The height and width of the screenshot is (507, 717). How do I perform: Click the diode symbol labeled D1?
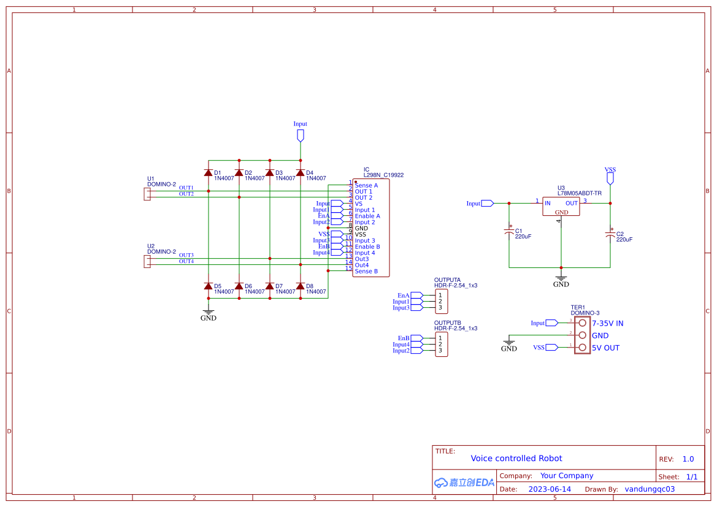coord(209,173)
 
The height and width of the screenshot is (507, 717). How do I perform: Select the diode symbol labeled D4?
coord(300,173)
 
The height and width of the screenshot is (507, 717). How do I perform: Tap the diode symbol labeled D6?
coord(239,286)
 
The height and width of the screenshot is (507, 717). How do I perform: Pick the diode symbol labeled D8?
coord(300,286)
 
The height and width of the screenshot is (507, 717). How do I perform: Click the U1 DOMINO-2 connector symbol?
coord(147,194)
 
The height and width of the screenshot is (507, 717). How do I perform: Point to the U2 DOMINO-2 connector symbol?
coord(147,262)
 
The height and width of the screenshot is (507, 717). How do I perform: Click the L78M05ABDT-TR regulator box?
coord(561,206)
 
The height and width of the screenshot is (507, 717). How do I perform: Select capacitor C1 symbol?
coord(509,232)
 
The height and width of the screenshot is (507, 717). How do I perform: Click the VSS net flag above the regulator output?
coord(610,178)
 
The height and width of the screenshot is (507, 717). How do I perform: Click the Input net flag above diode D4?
coord(300,135)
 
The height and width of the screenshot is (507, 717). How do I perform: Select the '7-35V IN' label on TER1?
coord(607,323)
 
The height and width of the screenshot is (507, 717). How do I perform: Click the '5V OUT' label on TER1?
coord(605,348)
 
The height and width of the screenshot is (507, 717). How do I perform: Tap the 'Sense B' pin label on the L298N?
coord(366,271)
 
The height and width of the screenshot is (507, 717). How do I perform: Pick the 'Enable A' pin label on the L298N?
coord(367,216)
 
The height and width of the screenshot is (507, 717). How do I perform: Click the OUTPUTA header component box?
coord(441,302)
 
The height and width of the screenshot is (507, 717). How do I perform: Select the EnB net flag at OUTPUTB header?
coord(416,338)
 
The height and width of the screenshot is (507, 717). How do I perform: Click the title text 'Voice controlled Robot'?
coord(516,458)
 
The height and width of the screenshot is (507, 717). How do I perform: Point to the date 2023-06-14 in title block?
coord(550,489)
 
